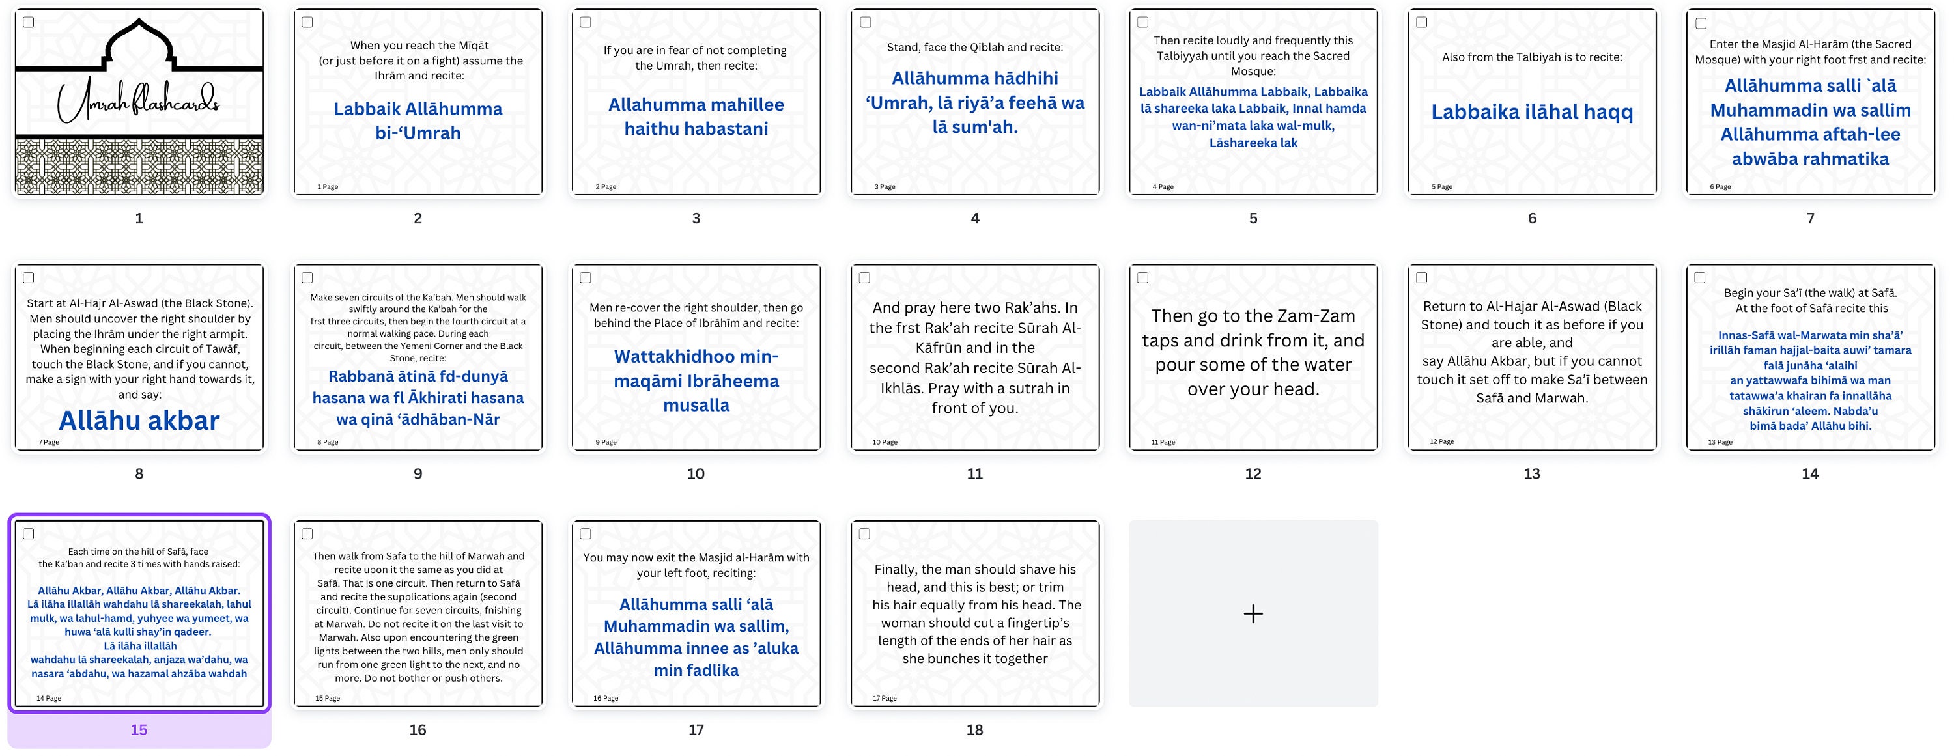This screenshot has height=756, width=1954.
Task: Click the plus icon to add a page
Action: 1253,613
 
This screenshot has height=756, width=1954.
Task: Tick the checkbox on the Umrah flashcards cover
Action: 29,22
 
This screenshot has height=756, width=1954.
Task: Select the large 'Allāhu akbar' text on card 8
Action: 139,420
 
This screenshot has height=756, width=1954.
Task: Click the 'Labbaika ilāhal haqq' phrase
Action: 1531,112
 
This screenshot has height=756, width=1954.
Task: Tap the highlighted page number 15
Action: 139,729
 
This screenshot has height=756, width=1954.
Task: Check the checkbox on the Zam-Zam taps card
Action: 1143,277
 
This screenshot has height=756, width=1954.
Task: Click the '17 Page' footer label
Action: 885,698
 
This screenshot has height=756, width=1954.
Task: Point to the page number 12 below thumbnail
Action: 1253,474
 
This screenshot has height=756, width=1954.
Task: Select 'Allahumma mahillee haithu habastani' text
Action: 696,117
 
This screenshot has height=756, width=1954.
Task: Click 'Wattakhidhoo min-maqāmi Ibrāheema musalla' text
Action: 696,381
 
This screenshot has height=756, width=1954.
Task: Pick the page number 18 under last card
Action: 975,729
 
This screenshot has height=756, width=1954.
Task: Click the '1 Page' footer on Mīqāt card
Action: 328,186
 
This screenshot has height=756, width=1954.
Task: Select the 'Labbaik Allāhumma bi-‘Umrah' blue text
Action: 418,121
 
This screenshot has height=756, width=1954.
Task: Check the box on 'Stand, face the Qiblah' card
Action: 865,22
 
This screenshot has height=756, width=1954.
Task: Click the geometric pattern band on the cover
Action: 139,165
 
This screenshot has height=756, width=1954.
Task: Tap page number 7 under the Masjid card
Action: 1811,218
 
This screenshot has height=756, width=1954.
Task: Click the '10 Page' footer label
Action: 885,442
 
